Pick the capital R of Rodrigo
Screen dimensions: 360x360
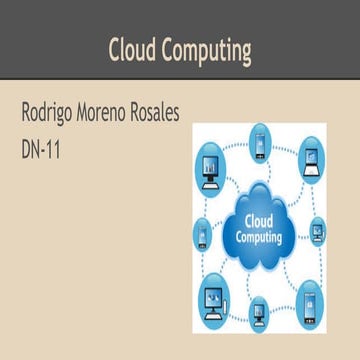click(x=26, y=115)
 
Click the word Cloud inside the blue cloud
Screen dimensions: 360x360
click(x=258, y=221)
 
